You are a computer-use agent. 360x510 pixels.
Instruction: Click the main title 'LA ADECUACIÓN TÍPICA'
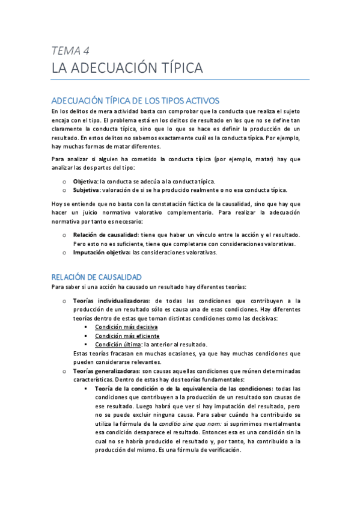[127, 67]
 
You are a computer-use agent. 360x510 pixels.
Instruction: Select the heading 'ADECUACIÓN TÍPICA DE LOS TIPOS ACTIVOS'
[135, 100]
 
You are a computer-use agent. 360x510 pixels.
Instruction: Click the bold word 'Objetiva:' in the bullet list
[85, 181]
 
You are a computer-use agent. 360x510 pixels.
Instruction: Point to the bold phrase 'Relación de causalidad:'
[105, 234]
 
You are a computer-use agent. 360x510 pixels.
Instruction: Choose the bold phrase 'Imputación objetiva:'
[102, 252]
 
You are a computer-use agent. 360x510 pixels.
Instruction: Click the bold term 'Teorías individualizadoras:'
[111, 300]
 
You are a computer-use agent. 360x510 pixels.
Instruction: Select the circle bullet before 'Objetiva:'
[64, 182]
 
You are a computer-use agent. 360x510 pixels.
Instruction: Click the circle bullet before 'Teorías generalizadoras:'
[64, 372]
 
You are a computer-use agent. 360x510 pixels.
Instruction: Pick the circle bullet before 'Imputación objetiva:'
[64, 253]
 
